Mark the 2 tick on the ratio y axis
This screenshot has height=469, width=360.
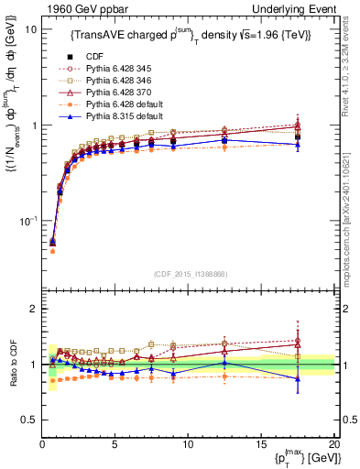[x=32, y=309]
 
